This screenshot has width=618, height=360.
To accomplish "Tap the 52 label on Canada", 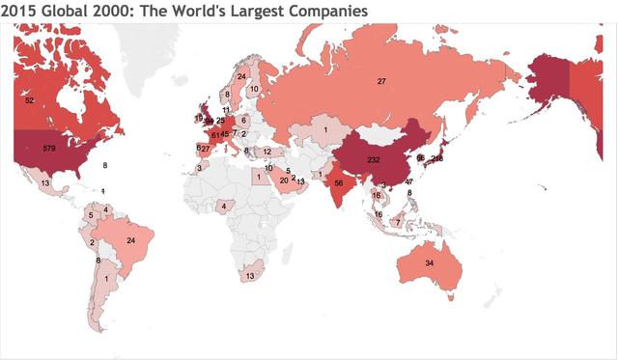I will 30,99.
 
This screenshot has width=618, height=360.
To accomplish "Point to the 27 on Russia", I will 381,82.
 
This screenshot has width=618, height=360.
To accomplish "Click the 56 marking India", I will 339,181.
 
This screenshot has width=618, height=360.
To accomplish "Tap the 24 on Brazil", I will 131,240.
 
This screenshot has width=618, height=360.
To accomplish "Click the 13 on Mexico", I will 45,181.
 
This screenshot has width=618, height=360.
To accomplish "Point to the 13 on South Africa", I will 250,275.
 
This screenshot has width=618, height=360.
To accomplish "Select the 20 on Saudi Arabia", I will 283,180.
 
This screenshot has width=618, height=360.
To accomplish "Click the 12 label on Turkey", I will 267,152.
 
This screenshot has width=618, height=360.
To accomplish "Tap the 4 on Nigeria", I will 224,205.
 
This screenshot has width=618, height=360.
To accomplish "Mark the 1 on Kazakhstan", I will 326,129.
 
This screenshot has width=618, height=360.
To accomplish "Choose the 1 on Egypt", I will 259,177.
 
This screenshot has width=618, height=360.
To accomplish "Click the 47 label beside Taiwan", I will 408,181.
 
